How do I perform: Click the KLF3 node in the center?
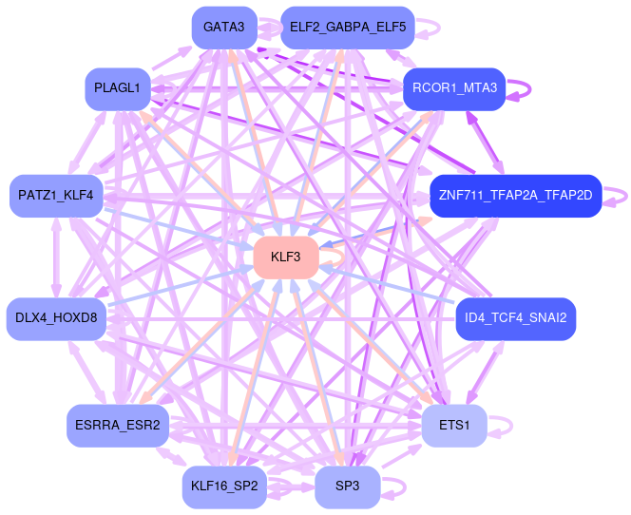(x=285, y=257)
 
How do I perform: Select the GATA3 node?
(x=223, y=29)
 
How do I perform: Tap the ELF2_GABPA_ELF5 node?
(x=347, y=29)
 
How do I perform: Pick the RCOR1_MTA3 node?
(x=454, y=88)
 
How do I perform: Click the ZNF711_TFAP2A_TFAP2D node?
(x=515, y=196)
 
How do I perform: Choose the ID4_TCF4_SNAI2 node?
(x=516, y=317)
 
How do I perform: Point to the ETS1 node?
(x=454, y=425)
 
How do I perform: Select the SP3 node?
(x=347, y=486)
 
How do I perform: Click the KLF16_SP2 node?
(x=223, y=486)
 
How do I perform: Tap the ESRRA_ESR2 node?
(x=118, y=425)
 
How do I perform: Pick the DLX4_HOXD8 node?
(x=56, y=317)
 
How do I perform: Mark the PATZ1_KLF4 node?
(x=56, y=196)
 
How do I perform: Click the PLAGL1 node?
(x=118, y=88)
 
